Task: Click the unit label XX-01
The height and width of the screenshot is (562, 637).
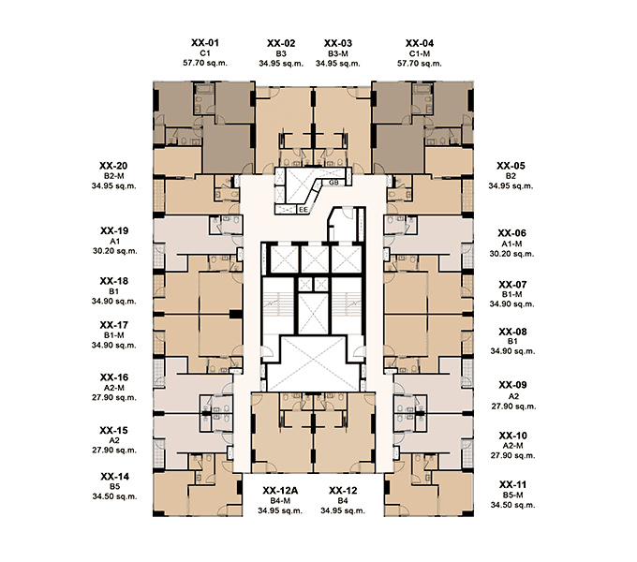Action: point(205,43)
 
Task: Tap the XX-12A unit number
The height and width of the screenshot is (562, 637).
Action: point(280,491)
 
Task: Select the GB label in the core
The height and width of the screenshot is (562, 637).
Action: point(333,183)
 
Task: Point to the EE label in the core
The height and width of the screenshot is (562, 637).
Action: point(304,210)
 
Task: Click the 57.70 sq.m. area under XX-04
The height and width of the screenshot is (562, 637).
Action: point(420,64)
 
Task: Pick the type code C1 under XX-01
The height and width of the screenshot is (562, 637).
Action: point(205,53)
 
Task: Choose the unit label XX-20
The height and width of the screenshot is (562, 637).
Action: point(113,166)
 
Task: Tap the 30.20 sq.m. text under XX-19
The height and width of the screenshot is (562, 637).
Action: point(115,251)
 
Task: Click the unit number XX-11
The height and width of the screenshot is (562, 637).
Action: point(512,484)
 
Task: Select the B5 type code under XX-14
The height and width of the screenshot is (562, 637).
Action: point(114,486)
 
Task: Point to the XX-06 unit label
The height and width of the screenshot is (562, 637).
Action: point(511,233)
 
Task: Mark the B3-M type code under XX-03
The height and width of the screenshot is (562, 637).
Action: point(338,53)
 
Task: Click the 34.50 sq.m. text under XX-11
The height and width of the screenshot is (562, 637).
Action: point(512,505)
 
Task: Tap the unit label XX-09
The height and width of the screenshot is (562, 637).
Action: point(512,385)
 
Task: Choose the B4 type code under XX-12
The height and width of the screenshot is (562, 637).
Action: point(343,501)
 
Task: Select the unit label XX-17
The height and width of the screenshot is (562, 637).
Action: point(113,325)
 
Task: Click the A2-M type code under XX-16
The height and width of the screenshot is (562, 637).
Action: point(114,388)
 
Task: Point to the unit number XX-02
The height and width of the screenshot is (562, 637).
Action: point(281,43)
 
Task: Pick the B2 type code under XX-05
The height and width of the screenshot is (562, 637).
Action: point(511,176)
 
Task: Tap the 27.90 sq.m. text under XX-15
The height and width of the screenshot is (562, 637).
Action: point(114,450)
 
